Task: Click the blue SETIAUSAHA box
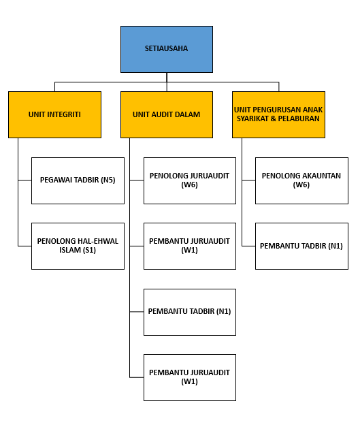pyautogui.click(x=167, y=49)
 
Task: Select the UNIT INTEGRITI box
pyautogui.click(x=54, y=114)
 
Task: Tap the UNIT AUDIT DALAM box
pyautogui.click(x=167, y=114)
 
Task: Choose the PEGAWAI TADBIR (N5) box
pyautogui.click(x=78, y=180)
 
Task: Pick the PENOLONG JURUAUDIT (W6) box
pyautogui.click(x=190, y=180)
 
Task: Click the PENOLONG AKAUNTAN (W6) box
pyautogui.click(x=301, y=180)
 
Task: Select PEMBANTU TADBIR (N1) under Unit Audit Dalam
pyautogui.click(x=190, y=312)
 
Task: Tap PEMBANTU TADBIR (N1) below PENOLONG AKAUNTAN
pyautogui.click(x=301, y=247)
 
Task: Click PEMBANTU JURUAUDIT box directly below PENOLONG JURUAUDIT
pyautogui.click(x=190, y=247)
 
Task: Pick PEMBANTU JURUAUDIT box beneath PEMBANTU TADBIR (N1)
pyautogui.click(x=190, y=377)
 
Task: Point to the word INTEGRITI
pyautogui.click(x=64, y=114)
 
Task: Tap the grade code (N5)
pyautogui.click(x=108, y=180)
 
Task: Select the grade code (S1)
pyautogui.click(x=88, y=250)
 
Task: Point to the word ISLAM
pyautogui.click(x=69, y=250)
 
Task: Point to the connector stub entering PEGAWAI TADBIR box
pyautogui.click(x=25, y=180)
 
